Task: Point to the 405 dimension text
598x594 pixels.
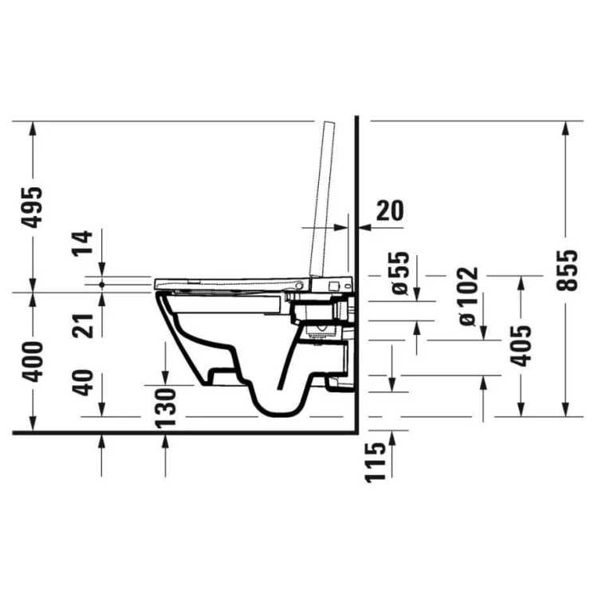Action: (x=521, y=344)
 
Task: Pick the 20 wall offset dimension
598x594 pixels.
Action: (x=389, y=210)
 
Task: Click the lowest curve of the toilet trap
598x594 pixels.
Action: (x=275, y=414)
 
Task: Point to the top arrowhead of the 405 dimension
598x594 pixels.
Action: (x=521, y=281)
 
